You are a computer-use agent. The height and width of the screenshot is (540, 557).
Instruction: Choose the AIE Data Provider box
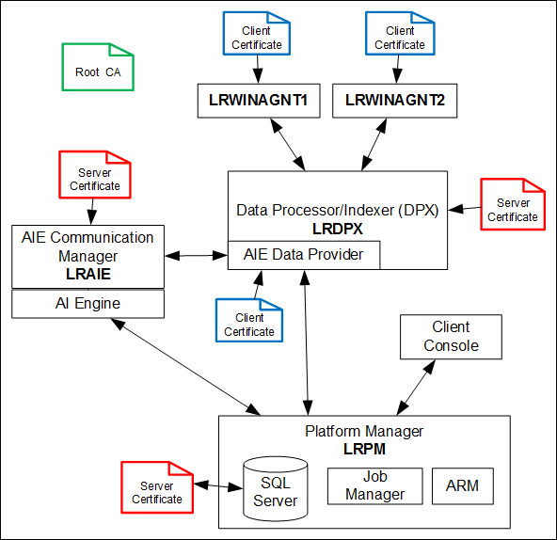click(303, 254)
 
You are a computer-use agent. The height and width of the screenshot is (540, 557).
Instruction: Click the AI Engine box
click(88, 304)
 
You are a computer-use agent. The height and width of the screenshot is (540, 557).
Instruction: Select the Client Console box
click(451, 336)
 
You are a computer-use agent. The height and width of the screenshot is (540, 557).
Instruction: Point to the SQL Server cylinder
click(275, 490)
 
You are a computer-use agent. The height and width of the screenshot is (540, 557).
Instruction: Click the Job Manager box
click(374, 485)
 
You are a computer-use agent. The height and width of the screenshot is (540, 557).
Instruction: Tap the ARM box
click(462, 485)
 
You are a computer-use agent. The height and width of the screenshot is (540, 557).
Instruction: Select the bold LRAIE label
click(88, 273)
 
